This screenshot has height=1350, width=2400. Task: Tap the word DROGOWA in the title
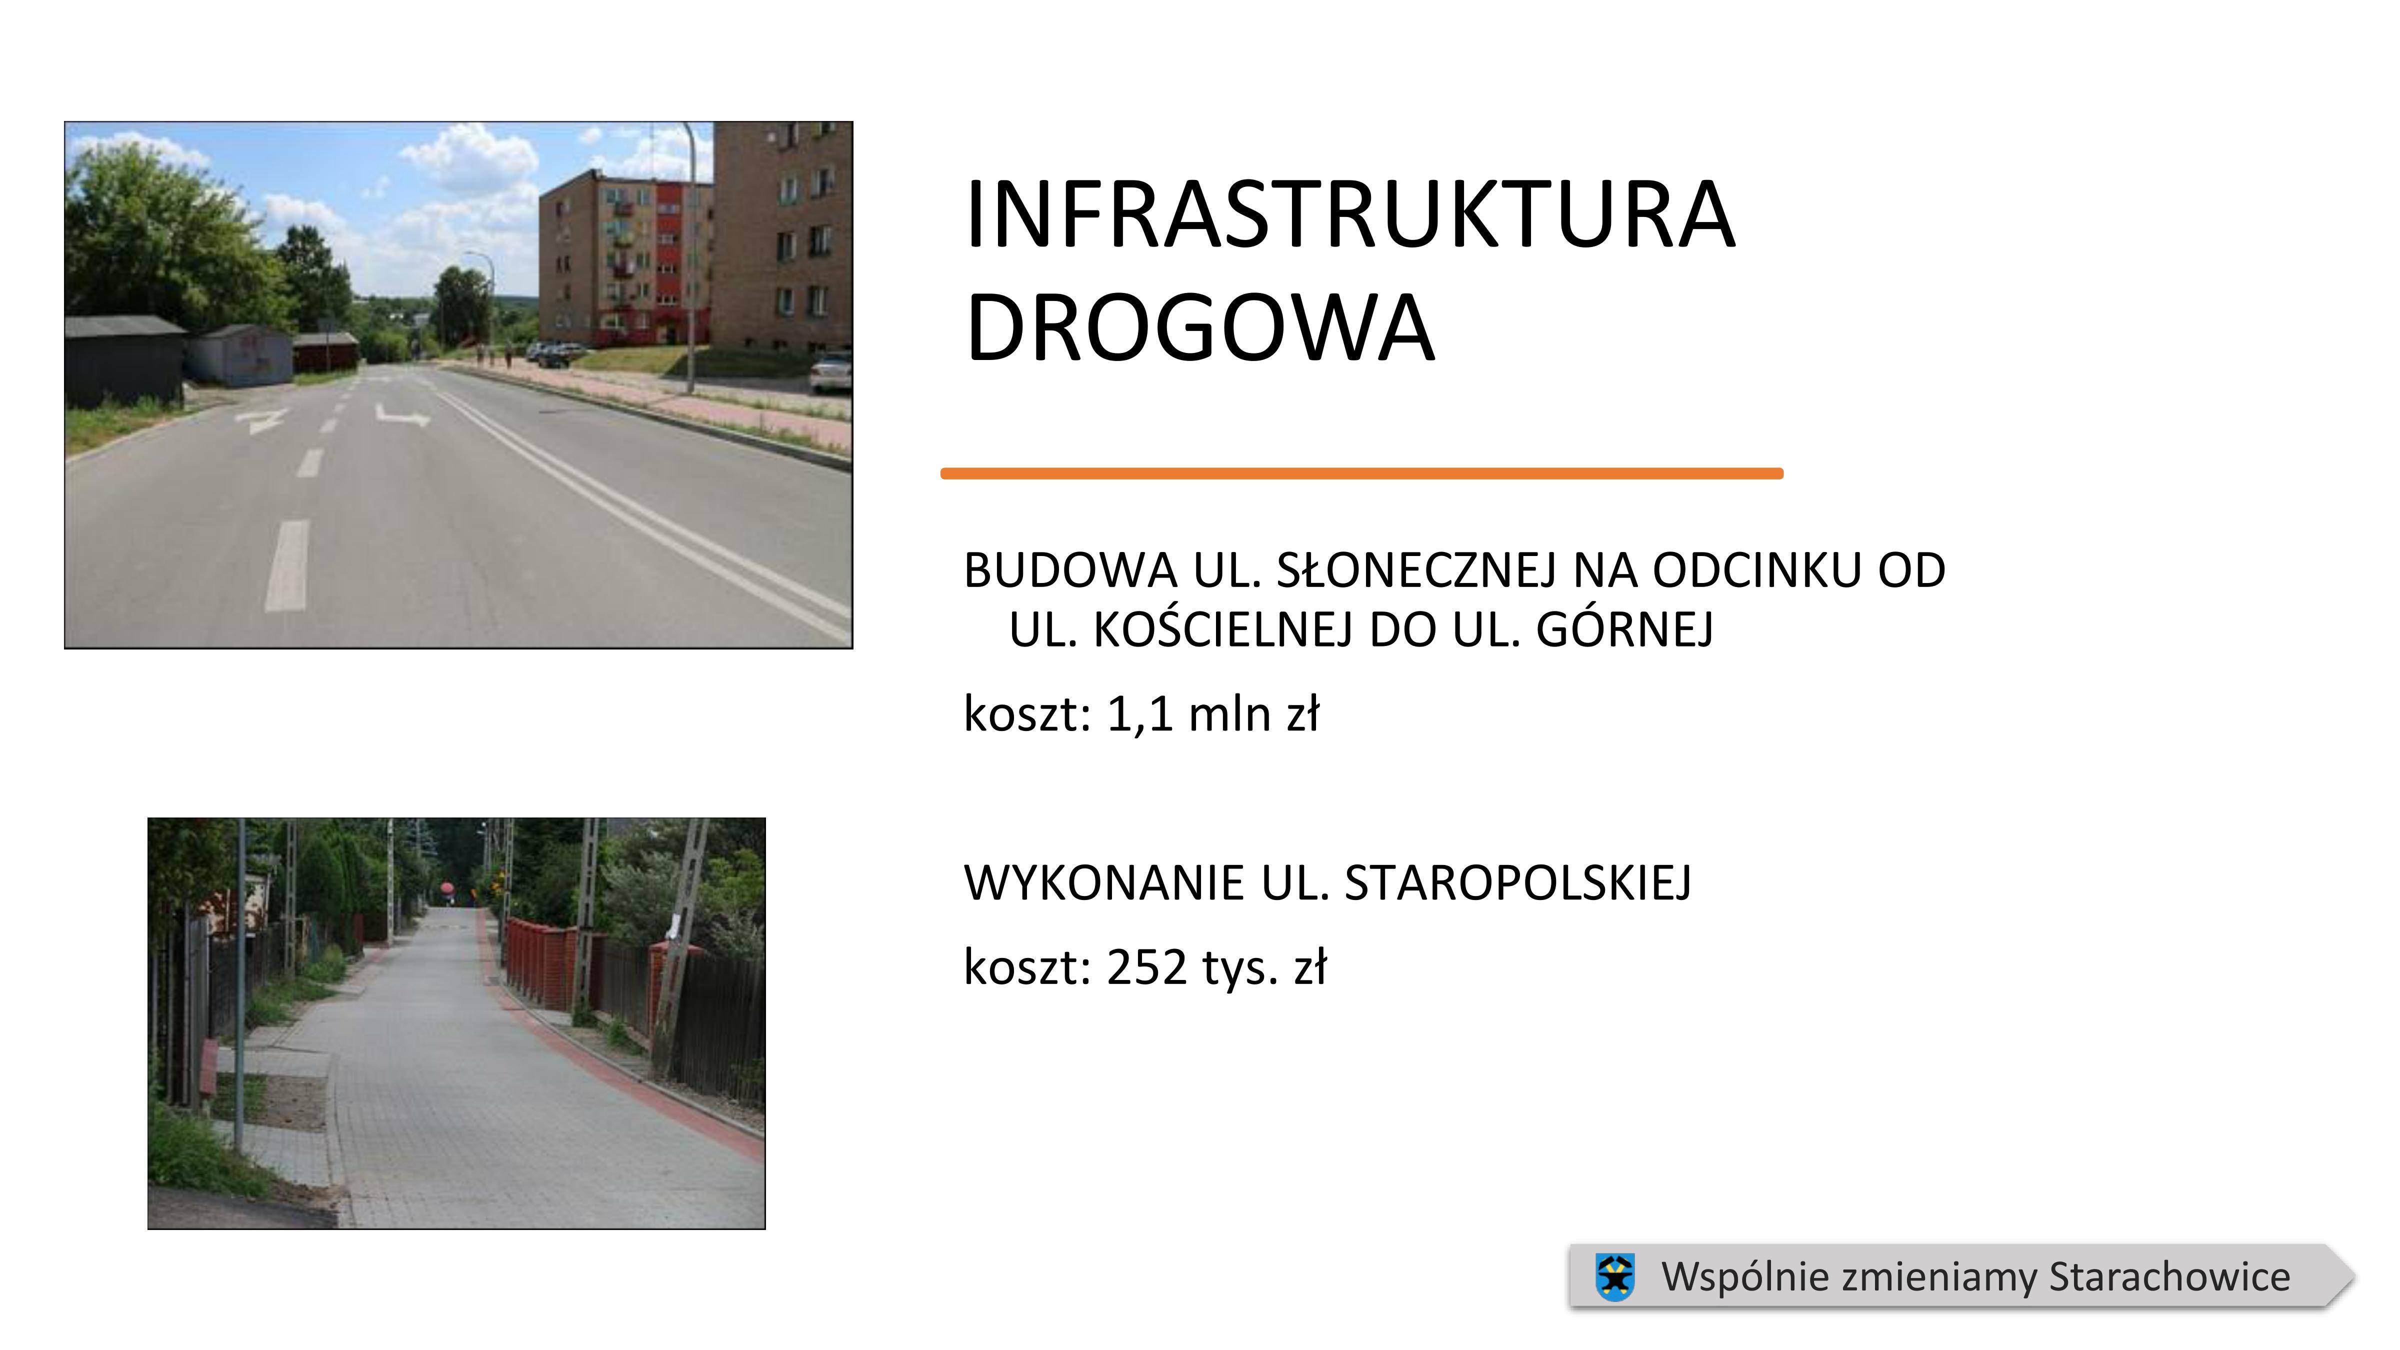coord(1200,328)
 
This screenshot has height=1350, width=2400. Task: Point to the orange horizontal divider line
coord(1361,474)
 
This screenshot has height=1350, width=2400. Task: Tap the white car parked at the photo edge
coord(831,371)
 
